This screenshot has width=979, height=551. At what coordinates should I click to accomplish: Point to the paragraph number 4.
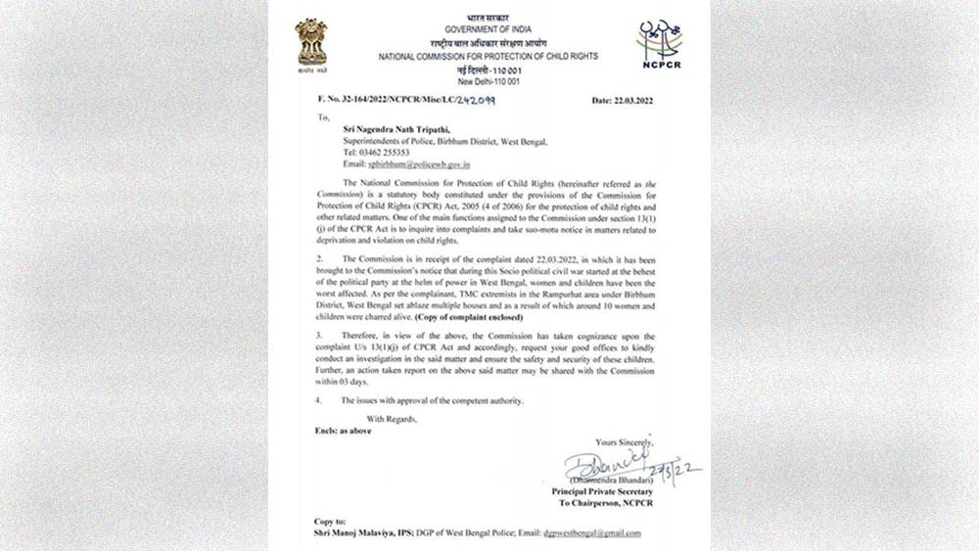(x=317, y=401)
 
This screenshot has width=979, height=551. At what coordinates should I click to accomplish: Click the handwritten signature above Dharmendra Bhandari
(x=607, y=464)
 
